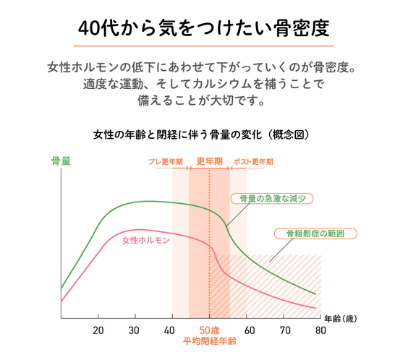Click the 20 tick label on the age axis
tap(98, 330)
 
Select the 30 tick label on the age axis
tap(135, 330)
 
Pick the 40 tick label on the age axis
tap(172, 330)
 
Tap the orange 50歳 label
tap(209, 330)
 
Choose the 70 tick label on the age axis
tap(283, 330)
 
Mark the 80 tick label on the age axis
tap(319, 330)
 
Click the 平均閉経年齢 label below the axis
tap(208, 342)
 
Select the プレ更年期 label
tap(166, 161)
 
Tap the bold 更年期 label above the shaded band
tap(209, 160)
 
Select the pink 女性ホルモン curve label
tap(145, 239)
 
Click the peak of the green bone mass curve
tap(148, 201)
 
